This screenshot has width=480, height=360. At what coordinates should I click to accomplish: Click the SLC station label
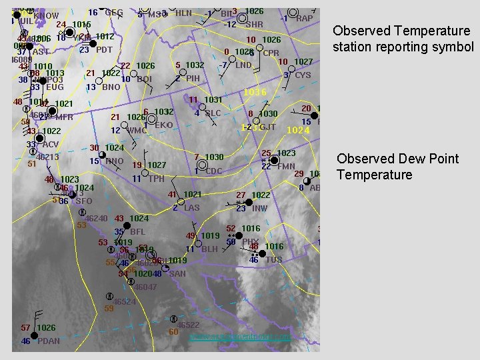pyautogui.click(x=213, y=113)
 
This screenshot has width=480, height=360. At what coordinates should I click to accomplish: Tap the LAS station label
pyautogui.click(x=191, y=208)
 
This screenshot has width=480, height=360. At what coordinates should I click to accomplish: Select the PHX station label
pyautogui.click(x=250, y=242)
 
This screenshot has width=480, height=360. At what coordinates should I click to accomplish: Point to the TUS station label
pyautogui.click(x=274, y=260)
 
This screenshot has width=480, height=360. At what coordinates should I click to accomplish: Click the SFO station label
pyautogui.click(x=84, y=201)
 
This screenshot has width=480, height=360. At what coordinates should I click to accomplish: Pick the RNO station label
pyautogui.click(x=115, y=161)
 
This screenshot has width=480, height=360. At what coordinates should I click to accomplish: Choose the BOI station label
pyautogui.click(x=143, y=79)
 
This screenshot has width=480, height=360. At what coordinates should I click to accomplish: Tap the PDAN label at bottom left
pyautogui.click(x=49, y=341)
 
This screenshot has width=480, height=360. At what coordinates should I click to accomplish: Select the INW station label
pyautogui.click(x=259, y=209)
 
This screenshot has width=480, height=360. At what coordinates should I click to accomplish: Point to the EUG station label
pyautogui.click(x=55, y=87)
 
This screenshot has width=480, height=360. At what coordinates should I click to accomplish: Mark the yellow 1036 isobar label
pyautogui.click(x=255, y=92)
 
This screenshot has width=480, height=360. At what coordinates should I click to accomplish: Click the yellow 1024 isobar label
pyautogui.click(x=298, y=131)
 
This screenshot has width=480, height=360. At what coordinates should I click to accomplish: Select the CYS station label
pyautogui.click(x=303, y=75)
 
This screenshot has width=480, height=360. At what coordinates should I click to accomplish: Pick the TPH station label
pyautogui.click(x=156, y=179)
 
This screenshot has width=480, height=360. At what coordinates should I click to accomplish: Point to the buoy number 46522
pyautogui.click(x=187, y=325)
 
